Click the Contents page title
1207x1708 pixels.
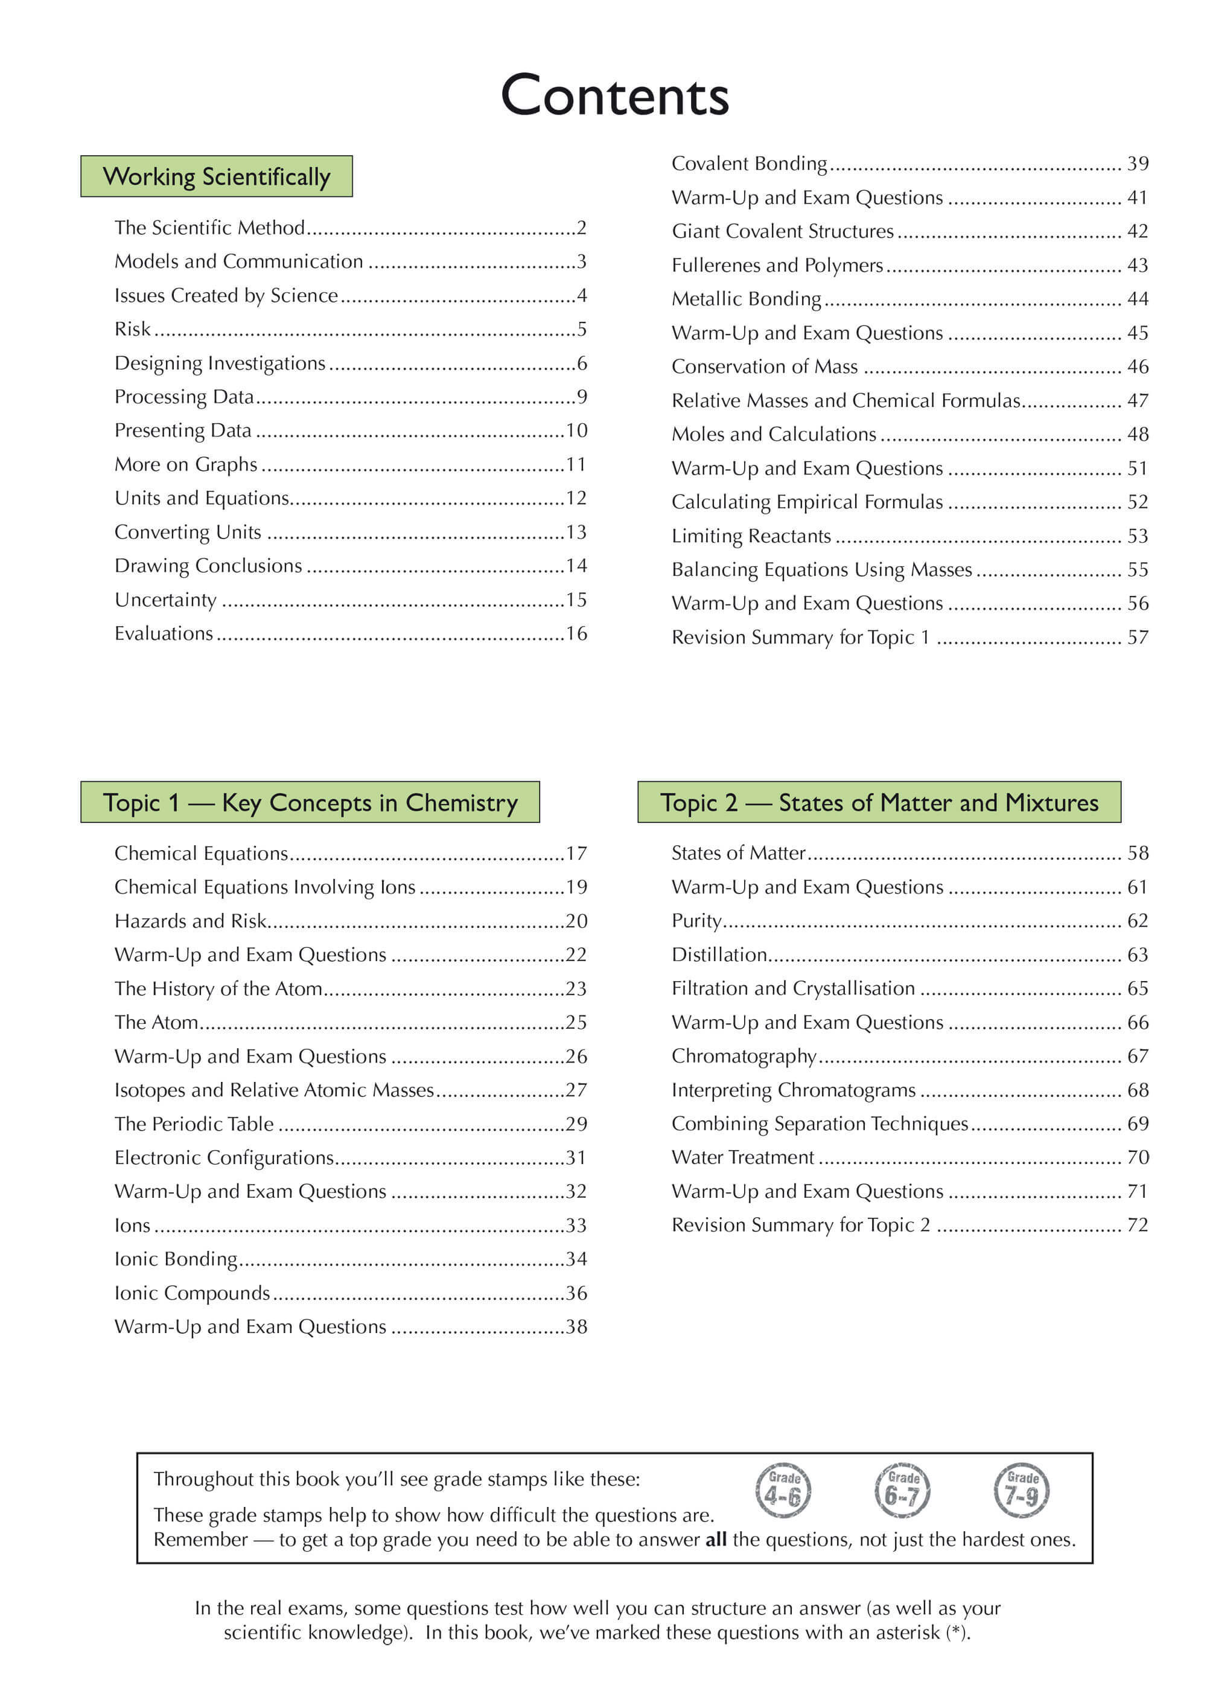614,96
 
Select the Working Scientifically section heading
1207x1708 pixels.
217,177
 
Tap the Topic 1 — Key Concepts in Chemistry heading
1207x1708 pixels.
310,802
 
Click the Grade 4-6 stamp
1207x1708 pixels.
783,1491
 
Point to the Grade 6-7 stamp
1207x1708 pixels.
902,1491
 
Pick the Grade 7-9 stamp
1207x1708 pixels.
1022,1491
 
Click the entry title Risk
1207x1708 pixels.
132,330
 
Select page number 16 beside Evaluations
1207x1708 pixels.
576,634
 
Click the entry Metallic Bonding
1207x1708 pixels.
746,299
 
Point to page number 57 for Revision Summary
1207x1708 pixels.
1137,638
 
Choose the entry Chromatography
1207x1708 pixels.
744,1057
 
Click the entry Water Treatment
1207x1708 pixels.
743,1157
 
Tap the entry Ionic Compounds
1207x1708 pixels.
192,1293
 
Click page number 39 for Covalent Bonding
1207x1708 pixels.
1137,164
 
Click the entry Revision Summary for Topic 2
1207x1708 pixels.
800,1225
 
